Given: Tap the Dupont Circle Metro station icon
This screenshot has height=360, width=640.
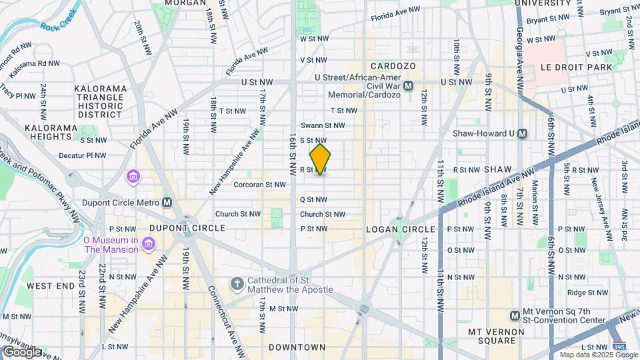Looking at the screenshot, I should point(167,203).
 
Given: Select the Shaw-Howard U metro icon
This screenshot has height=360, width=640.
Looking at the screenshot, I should point(523,133).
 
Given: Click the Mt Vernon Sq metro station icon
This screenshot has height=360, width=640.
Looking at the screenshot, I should point(515,315).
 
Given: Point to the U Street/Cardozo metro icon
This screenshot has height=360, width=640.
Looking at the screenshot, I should point(408,85).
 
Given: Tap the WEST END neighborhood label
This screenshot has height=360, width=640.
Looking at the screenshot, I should point(51,285).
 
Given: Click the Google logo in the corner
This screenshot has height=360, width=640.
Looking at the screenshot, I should point(22,351).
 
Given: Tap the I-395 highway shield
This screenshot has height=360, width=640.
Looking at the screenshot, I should point(619,347).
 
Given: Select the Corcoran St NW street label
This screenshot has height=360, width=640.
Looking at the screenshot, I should point(259,185).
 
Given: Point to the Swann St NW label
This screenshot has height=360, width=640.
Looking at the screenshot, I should point(323,125).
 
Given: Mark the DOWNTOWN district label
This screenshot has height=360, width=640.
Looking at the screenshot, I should point(297,347).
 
